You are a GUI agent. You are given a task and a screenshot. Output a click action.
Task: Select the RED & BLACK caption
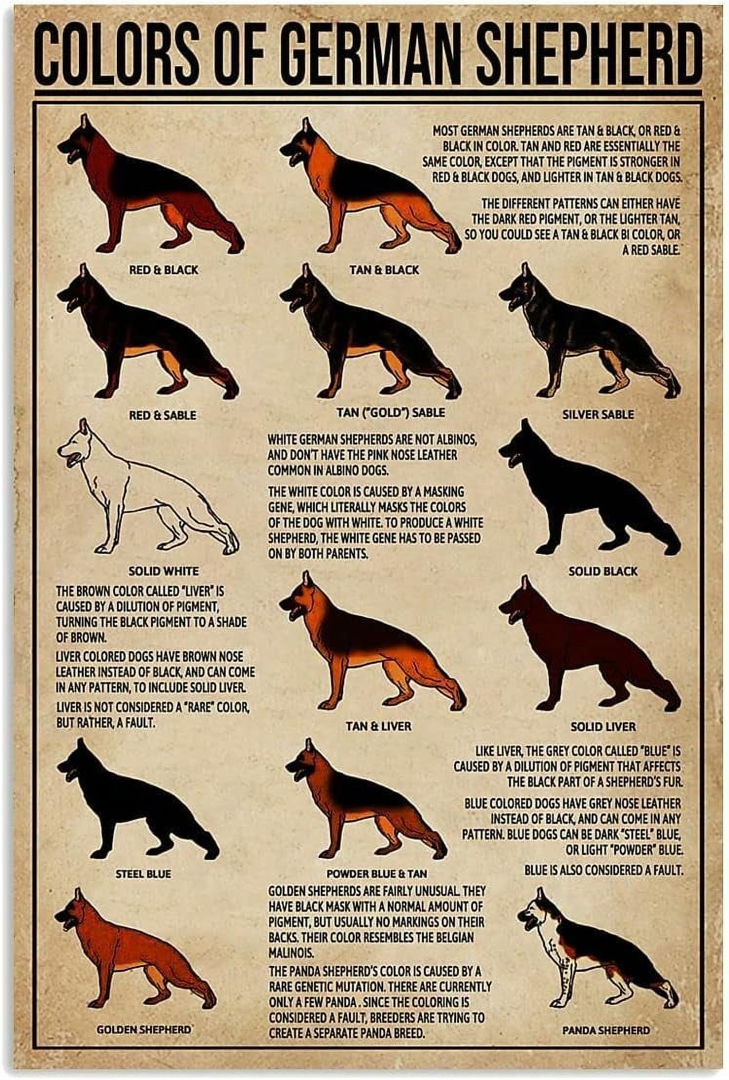(163, 270)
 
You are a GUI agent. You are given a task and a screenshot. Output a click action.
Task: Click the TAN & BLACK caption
(384, 270)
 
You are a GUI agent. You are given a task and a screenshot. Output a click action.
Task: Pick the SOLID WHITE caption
(163, 570)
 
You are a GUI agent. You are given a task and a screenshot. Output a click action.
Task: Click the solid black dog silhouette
(585, 502)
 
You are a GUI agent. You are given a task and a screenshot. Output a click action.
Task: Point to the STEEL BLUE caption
(143, 874)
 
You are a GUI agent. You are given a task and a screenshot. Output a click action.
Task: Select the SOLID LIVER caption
(603, 726)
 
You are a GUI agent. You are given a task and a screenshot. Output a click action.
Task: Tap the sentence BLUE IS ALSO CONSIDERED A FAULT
(604, 869)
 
